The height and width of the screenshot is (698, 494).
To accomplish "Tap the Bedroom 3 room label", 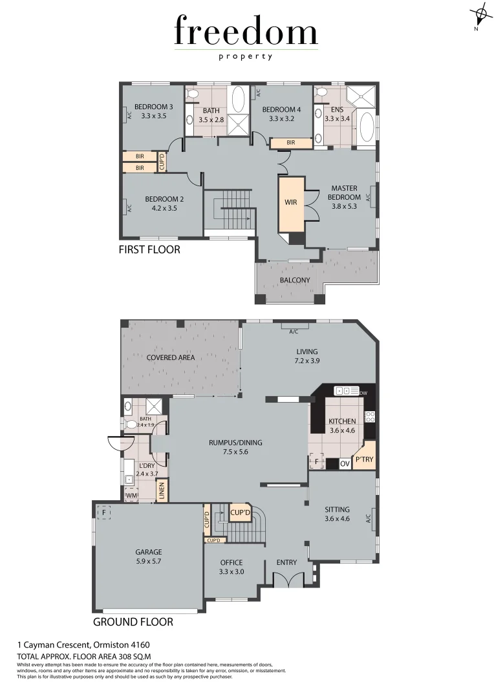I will [153, 107].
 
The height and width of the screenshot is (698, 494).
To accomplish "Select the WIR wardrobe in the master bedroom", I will [290, 202].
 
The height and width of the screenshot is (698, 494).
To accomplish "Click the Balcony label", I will [295, 280].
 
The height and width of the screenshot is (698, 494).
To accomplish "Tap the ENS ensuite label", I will [337, 110].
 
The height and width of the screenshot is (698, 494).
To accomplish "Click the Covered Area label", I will [170, 357].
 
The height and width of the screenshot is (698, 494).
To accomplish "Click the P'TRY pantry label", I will [363, 460].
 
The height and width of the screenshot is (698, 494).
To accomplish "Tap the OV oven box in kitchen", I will [345, 463].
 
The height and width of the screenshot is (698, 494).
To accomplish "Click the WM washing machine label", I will [132, 496].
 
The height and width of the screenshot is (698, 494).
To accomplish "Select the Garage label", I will [148, 552].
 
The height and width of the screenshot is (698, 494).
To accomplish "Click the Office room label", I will [231, 562].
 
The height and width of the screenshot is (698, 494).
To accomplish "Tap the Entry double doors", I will [287, 579].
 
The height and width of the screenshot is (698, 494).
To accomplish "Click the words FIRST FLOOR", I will [149, 249].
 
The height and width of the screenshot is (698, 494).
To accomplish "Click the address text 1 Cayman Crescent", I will [59, 645].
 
